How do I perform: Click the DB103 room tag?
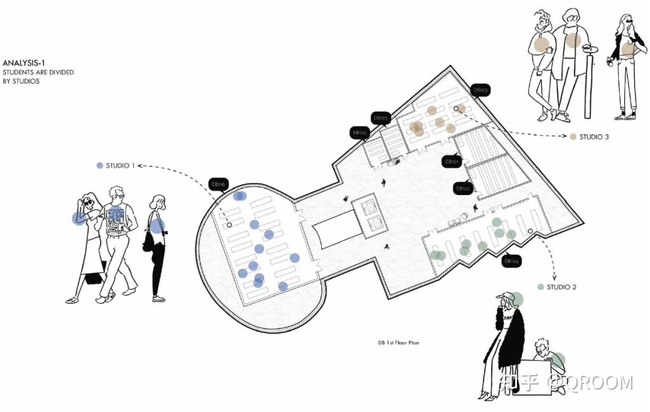481,90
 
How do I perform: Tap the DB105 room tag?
380,118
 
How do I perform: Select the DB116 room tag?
218,184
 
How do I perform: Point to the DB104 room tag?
511,261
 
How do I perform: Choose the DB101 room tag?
451,161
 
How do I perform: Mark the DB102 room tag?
462,189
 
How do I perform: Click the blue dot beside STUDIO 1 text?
99,165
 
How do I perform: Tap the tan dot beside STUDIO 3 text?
573,137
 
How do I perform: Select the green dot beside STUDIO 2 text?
541,287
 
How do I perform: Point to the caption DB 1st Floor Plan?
398,343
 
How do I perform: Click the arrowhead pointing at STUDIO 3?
565,136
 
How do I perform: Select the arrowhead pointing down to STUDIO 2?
553,278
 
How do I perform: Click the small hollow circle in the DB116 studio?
230,224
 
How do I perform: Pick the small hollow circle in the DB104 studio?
530,231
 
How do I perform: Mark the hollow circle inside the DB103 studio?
456,109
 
